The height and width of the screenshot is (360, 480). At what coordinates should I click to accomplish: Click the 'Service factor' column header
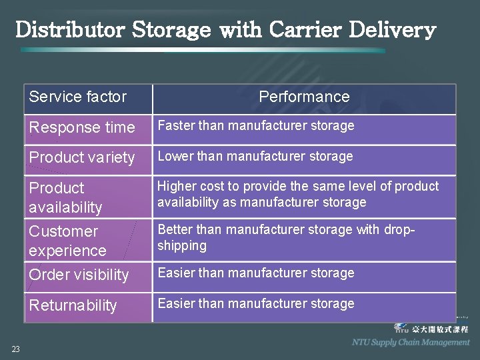point(77,97)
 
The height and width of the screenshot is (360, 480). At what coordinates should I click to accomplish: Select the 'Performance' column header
point(304,97)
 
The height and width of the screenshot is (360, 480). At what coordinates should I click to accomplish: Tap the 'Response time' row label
point(81,127)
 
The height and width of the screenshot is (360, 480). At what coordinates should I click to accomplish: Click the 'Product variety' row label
point(81,158)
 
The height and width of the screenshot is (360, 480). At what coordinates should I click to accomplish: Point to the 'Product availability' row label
point(65,197)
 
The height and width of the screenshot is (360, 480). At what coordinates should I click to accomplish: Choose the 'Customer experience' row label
point(67,241)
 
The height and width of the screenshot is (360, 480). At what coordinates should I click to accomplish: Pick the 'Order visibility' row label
point(79,275)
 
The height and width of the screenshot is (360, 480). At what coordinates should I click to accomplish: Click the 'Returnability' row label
point(73,305)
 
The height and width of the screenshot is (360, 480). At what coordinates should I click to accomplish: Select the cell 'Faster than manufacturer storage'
point(255,125)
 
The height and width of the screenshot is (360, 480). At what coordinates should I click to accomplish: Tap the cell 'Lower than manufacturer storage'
point(255,156)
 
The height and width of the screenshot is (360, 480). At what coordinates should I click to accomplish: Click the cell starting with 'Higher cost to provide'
point(297,194)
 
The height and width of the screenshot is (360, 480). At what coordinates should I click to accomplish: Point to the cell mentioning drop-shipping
point(286,237)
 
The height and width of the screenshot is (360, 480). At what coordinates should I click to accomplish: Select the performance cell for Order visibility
point(255,273)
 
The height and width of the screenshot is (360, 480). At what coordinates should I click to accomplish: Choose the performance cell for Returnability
point(255,303)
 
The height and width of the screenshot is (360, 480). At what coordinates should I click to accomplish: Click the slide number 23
point(15,349)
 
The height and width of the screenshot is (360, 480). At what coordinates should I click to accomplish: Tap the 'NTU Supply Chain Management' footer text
point(411,342)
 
